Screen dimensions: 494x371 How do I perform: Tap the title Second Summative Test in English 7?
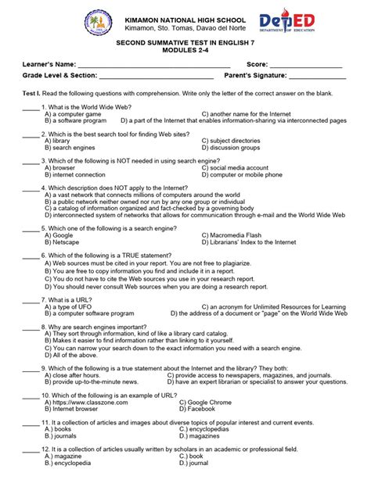pos(185,48)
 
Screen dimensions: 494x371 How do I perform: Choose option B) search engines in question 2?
pos(70,147)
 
